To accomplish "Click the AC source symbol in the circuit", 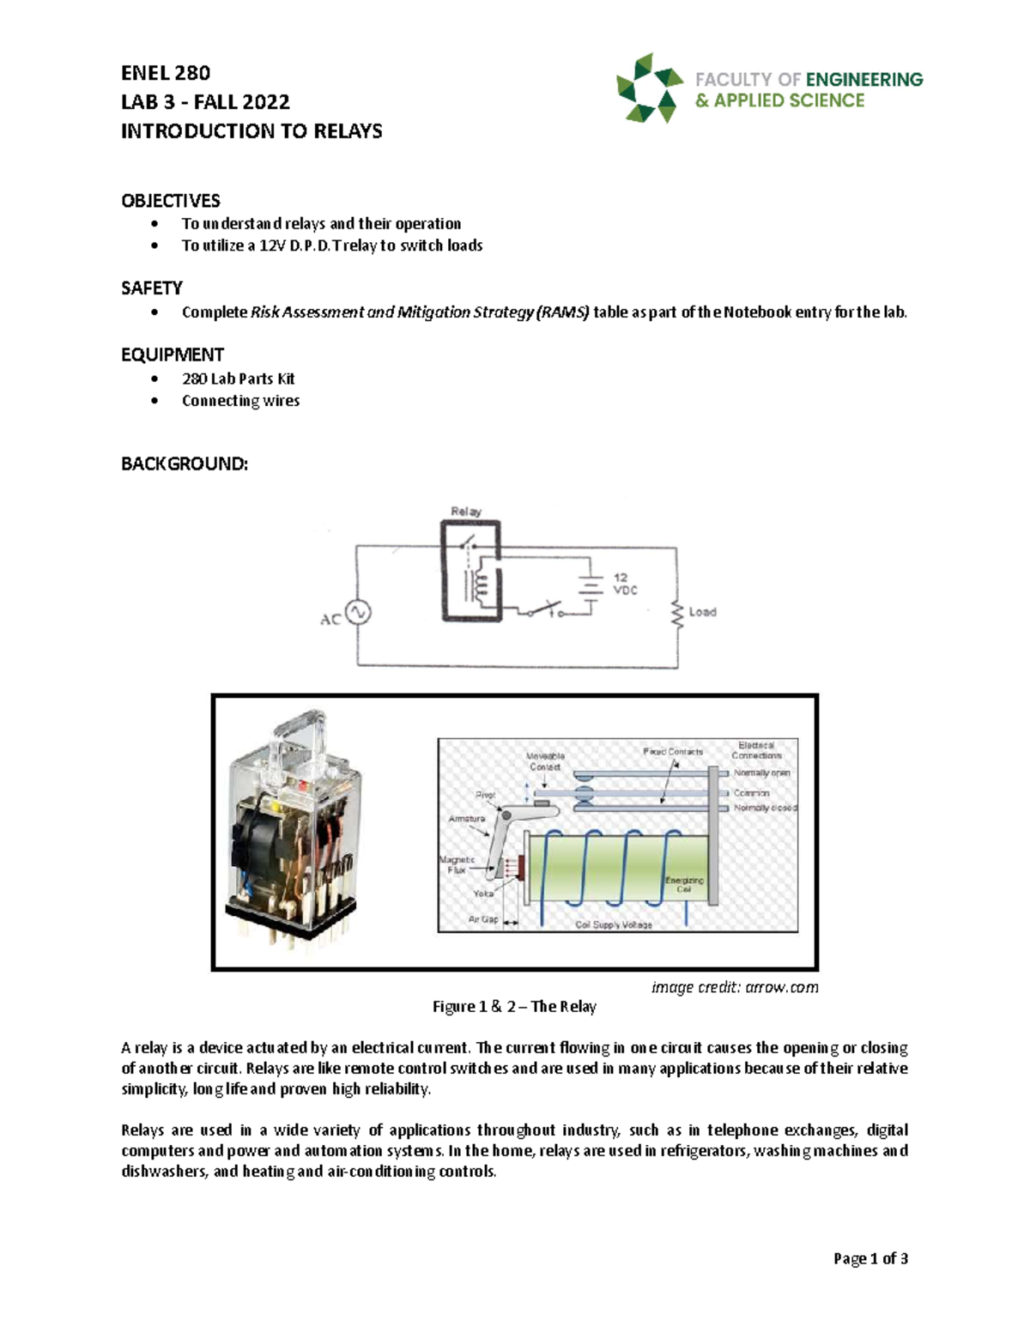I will click(358, 613).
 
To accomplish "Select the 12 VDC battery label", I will click(625, 584).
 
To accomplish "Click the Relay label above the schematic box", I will click(466, 512).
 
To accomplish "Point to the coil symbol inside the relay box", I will click(479, 585).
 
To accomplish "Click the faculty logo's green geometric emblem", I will click(649, 88).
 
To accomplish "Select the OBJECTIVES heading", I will click(170, 201).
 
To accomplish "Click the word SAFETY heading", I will click(152, 288).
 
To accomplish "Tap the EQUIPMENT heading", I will click(173, 354).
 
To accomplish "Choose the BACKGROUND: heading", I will click(185, 464).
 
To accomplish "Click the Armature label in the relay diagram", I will click(466, 819).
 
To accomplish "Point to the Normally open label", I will click(761, 773).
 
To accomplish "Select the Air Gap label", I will click(482, 919).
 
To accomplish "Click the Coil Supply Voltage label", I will click(613, 925).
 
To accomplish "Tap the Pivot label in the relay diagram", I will click(485, 795).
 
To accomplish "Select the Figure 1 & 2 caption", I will click(514, 1007).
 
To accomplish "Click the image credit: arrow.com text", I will click(735, 987).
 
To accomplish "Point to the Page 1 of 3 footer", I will click(870, 1258).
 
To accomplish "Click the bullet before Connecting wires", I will click(154, 401).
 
